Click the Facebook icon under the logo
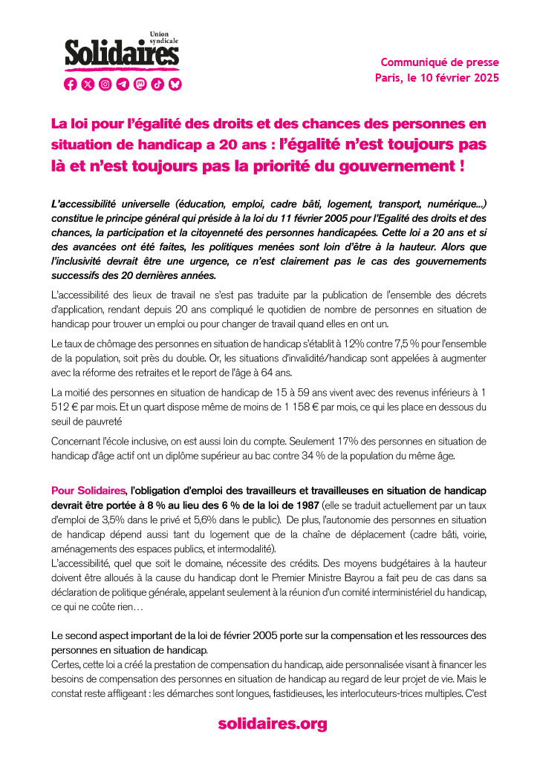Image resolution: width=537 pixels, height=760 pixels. coord(71,85)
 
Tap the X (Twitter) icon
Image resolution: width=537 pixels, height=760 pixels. coord(88,85)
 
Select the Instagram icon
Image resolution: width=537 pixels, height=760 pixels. coord(105,85)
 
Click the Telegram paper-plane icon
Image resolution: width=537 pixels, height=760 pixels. coord(123,85)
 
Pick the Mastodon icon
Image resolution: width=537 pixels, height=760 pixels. coord(140,85)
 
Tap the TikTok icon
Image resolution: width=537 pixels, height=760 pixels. coord(157,85)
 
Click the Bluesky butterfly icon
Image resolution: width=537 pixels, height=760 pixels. coord(175,85)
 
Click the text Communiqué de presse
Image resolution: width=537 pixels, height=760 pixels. coord(440,62)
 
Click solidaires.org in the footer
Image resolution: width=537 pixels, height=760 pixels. coord(272,724)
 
